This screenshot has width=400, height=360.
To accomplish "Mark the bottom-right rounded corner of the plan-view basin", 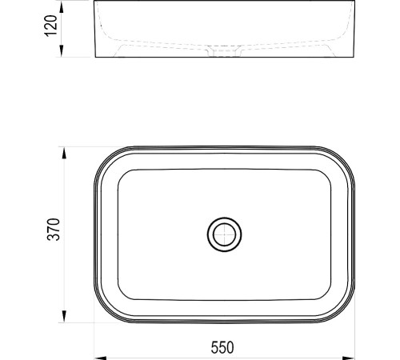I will [x=342, y=312].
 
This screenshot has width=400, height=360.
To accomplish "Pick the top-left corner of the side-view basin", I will [x=95, y=2].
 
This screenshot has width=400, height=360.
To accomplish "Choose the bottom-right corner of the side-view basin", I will [x=352, y=58].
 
